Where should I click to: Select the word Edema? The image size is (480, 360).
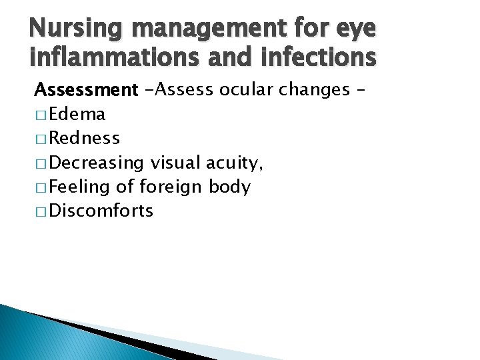(78, 114)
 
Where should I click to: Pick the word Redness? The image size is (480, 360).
(85, 138)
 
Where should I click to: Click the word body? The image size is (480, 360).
(229, 187)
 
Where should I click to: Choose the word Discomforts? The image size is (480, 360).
(101, 211)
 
